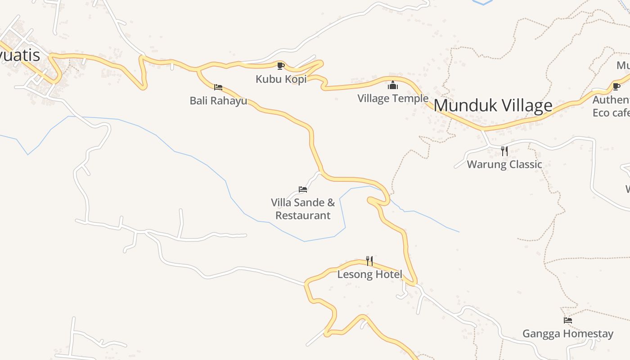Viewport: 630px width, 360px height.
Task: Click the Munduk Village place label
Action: coord(493,106)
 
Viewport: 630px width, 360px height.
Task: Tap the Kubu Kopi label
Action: coord(281,79)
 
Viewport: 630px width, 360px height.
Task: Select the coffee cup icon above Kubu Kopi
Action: coord(281,66)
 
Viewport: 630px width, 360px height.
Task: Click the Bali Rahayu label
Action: coord(218,100)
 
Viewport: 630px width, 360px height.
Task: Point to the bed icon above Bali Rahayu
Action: coord(218,87)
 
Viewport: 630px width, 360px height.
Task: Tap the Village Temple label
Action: coord(393,98)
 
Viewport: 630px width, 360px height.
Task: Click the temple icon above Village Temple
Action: coord(393,85)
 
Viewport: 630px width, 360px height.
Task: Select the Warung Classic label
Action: coord(504,164)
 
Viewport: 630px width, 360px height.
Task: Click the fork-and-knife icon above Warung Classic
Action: coord(504,151)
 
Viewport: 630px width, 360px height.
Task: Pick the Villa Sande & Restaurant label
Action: coord(303,209)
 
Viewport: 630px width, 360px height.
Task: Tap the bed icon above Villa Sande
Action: coord(303,189)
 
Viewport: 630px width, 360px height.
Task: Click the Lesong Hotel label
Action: coord(369,274)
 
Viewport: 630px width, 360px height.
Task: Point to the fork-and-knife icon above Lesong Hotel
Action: coord(369,261)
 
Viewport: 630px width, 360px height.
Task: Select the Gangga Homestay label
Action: coord(567,333)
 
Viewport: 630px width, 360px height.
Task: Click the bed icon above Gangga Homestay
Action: coord(568,320)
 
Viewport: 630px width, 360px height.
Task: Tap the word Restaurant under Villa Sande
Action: coord(303,216)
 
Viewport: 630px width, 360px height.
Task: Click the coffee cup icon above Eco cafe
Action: coord(616,86)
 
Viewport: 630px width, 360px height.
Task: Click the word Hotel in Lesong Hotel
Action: coord(388,274)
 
